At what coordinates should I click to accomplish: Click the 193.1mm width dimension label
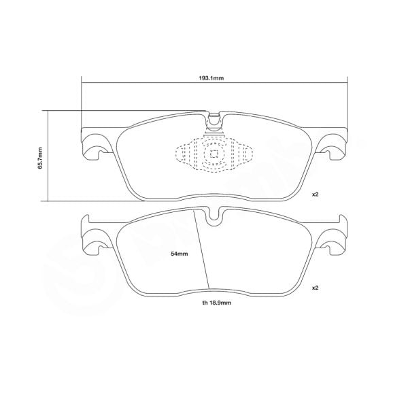(215, 78)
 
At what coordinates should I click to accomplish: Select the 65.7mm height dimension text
(40, 158)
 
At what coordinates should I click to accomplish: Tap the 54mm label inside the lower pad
(179, 253)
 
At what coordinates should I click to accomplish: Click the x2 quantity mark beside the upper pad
(316, 195)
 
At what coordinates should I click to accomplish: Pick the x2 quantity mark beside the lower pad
(316, 288)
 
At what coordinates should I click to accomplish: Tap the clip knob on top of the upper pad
(215, 119)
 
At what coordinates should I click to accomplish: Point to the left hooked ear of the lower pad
(95, 239)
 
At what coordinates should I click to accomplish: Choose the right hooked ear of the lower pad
(334, 239)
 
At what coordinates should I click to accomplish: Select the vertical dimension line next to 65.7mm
(48, 156)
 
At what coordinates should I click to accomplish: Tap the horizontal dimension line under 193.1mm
(215, 84)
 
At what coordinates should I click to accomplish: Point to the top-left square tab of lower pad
(86, 221)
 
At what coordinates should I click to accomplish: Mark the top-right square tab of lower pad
(343, 221)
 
